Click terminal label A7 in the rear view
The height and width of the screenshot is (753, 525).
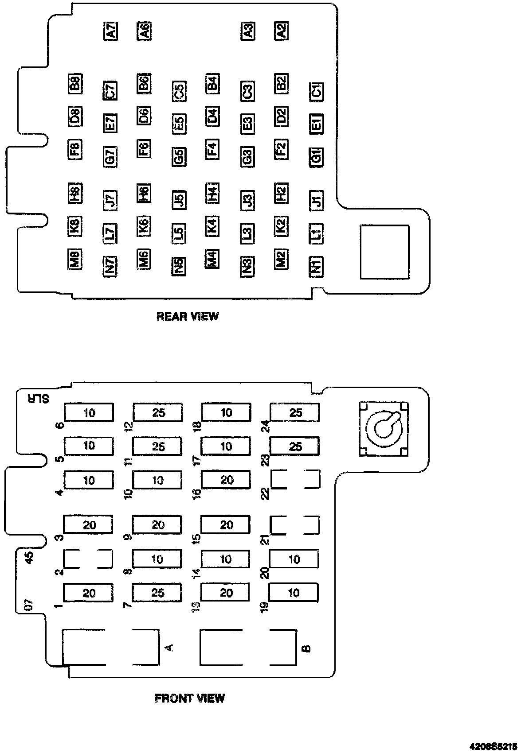[110, 31]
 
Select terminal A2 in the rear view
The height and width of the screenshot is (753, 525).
[281, 30]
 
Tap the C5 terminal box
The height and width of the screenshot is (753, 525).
[179, 91]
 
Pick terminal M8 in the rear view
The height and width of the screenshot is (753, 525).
[74, 259]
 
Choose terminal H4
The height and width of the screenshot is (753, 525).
[212, 193]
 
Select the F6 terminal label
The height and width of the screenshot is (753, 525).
[144, 148]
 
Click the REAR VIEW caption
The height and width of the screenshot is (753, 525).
[188, 316]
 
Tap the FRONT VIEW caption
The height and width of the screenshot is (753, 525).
[190, 699]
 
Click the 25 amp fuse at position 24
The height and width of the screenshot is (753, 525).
[295, 413]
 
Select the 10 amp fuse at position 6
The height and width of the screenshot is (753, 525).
[89, 413]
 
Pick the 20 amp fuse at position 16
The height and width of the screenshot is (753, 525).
[226, 480]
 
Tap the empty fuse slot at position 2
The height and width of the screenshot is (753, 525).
[88, 559]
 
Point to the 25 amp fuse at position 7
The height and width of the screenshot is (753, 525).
[157, 593]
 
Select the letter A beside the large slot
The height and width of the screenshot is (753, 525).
[169, 648]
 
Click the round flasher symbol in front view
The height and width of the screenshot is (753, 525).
[383, 429]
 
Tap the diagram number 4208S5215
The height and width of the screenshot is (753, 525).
[494, 745]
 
